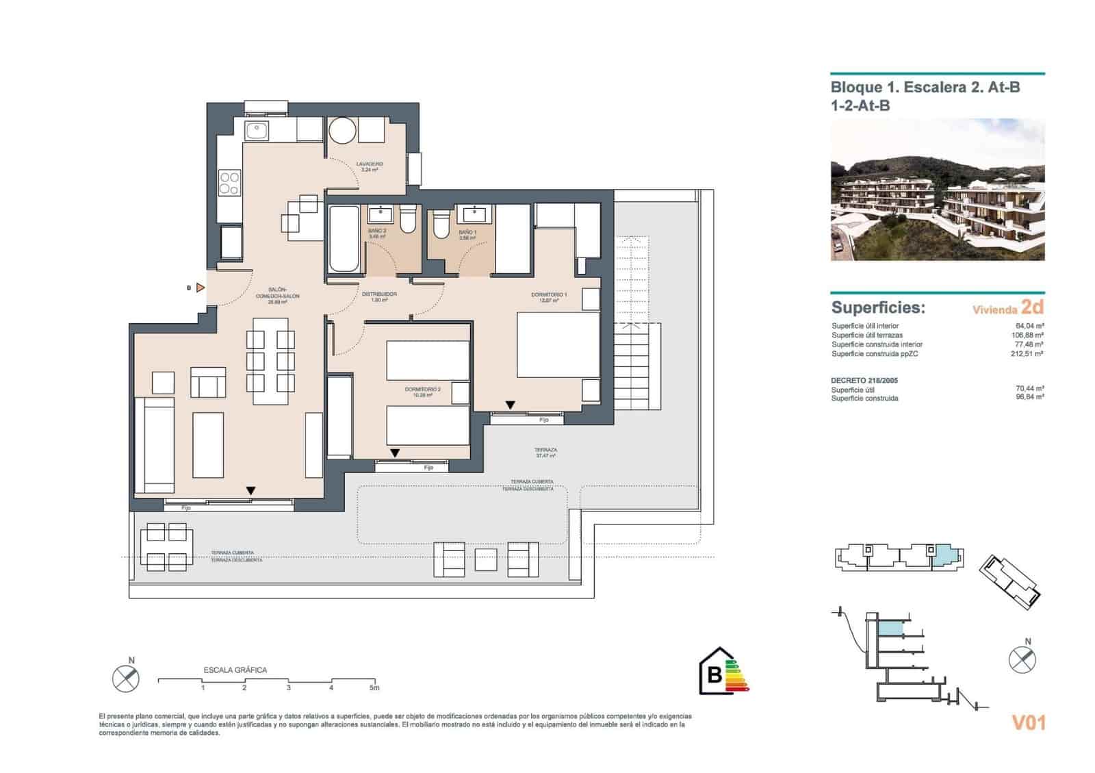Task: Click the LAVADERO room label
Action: click(x=369, y=164)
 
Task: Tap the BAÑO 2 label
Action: click(x=377, y=231)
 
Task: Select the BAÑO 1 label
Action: click(x=467, y=232)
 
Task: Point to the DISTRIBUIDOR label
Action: click(x=379, y=294)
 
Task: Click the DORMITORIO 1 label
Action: click(x=549, y=295)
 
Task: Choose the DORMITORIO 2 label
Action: click(x=422, y=390)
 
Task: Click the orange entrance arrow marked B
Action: click(x=200, y=288)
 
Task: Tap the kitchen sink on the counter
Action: click(x=257, y=129)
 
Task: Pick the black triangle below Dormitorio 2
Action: click(x=395, y=453)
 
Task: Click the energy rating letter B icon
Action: click(x=714, y=674)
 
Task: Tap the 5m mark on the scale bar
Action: click(x=374, y=687)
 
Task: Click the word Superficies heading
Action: click(x=877, y=307)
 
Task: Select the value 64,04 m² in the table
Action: click(x=1029, y=326)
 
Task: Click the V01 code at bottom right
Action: click(x=1028, y=722)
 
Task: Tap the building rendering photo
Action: click(x=937, y=190)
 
